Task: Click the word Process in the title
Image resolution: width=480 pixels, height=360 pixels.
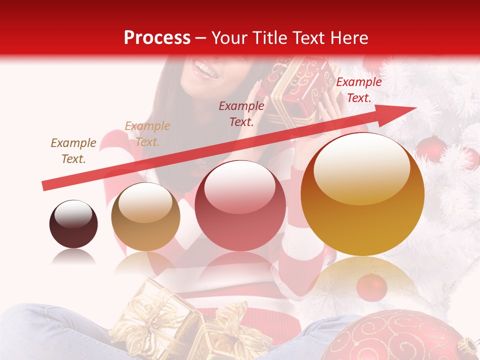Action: pyautogui.click(x=157, y=38)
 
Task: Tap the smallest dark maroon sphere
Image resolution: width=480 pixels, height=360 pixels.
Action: pyautogui.click(x=73, y=224)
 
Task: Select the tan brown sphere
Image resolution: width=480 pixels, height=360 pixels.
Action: pyautogui.click(x=145, y=216)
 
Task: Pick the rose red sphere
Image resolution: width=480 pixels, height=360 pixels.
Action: pyautogui.click(x=240, y=205)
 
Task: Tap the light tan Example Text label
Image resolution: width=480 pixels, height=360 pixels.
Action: pyautogui.click(x=147, y=134)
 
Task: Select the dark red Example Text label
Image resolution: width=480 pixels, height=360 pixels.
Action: pyautogui.click(x=241, y=113)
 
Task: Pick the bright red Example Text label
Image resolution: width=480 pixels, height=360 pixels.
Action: pyautogui.click(x=358, y=90)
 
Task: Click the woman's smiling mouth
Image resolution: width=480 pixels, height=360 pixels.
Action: pyautogui.click(x=207, y=69)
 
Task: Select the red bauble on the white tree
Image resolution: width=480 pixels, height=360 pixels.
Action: pyautogui.click(x=431, y=148)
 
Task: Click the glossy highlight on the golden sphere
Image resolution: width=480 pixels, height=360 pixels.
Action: pyautogui.click(x=361, y=167)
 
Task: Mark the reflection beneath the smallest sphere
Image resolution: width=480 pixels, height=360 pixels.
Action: pyautogui.click(x=73, y=257)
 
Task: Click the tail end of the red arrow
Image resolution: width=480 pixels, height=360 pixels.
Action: pyautogui.click(x=45, y=185)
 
